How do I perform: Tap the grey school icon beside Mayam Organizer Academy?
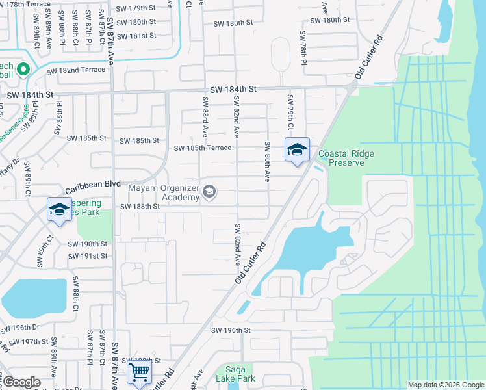[x=209, y=192]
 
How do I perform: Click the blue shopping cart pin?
[x=140, y=372]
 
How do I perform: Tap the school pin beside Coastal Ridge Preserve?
[x=297, y=150]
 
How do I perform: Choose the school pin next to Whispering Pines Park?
[x=58, y=209]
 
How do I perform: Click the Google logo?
[x=21, y=383]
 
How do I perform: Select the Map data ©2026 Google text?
[x=445, y=385]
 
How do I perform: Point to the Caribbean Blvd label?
[x=93, y=185]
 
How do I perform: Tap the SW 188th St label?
[x=140, y=207]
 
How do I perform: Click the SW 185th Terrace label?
[x=202, y=148]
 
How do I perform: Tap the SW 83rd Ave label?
[x=205, y=113]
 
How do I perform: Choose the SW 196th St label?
[x=230, y=330]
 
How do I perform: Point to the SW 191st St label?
[x=88, y=256]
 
